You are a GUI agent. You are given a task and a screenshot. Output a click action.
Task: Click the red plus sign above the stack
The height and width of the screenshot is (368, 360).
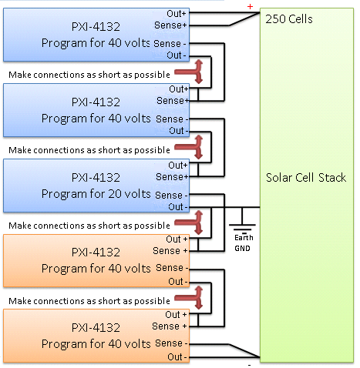(x=250, y=7)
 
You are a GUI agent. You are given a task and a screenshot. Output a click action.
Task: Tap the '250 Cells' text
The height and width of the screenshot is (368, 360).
(x=289, y=19)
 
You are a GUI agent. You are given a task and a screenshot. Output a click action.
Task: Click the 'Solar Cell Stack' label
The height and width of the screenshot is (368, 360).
(x=306, y=178)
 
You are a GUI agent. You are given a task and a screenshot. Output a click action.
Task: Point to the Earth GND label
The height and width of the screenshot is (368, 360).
(x=244, y=243)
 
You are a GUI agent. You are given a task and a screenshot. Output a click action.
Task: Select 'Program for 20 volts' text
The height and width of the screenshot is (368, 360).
(x=96, y=194)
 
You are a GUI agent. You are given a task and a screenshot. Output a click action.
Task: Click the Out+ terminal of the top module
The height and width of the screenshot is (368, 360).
(x=177, y=14)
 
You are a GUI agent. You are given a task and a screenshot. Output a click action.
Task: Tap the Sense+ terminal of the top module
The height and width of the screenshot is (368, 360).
(x=170, y=25)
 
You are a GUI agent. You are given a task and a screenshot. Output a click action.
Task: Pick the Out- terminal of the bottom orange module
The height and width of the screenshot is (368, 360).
(x=177, y=356)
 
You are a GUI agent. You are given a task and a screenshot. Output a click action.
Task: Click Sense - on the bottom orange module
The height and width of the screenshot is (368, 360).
(x=171, y=343)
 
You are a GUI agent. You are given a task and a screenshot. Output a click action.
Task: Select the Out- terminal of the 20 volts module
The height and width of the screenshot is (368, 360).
(x=178, y=206)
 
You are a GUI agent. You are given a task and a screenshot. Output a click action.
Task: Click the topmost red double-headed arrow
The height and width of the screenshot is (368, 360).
(x=189, y=72)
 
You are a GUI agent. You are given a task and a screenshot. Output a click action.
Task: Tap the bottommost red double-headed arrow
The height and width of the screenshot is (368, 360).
(x=189, y=298)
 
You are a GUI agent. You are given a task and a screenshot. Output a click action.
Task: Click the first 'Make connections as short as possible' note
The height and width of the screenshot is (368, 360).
(x=89, y=75)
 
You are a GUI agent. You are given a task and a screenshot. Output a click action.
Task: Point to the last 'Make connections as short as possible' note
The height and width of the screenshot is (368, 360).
(x=89, y=301)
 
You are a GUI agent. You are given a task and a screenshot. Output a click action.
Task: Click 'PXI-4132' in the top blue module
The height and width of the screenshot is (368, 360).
(x=96, y=27)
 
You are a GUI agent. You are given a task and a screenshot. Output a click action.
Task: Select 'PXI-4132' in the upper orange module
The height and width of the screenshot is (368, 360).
(x=96, y=253)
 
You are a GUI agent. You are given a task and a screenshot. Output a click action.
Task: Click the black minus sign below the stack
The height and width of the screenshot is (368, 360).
(x=249, y=365)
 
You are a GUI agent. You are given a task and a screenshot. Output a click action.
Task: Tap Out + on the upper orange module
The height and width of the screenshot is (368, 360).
(x=177, y=239)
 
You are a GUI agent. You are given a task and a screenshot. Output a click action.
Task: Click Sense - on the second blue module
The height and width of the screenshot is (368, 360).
(x=172, y=119)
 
